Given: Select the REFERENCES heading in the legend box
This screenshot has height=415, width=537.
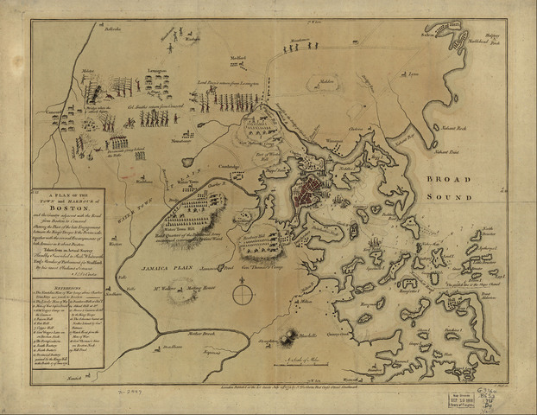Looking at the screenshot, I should pyautogui.click(x=58, y=291).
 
